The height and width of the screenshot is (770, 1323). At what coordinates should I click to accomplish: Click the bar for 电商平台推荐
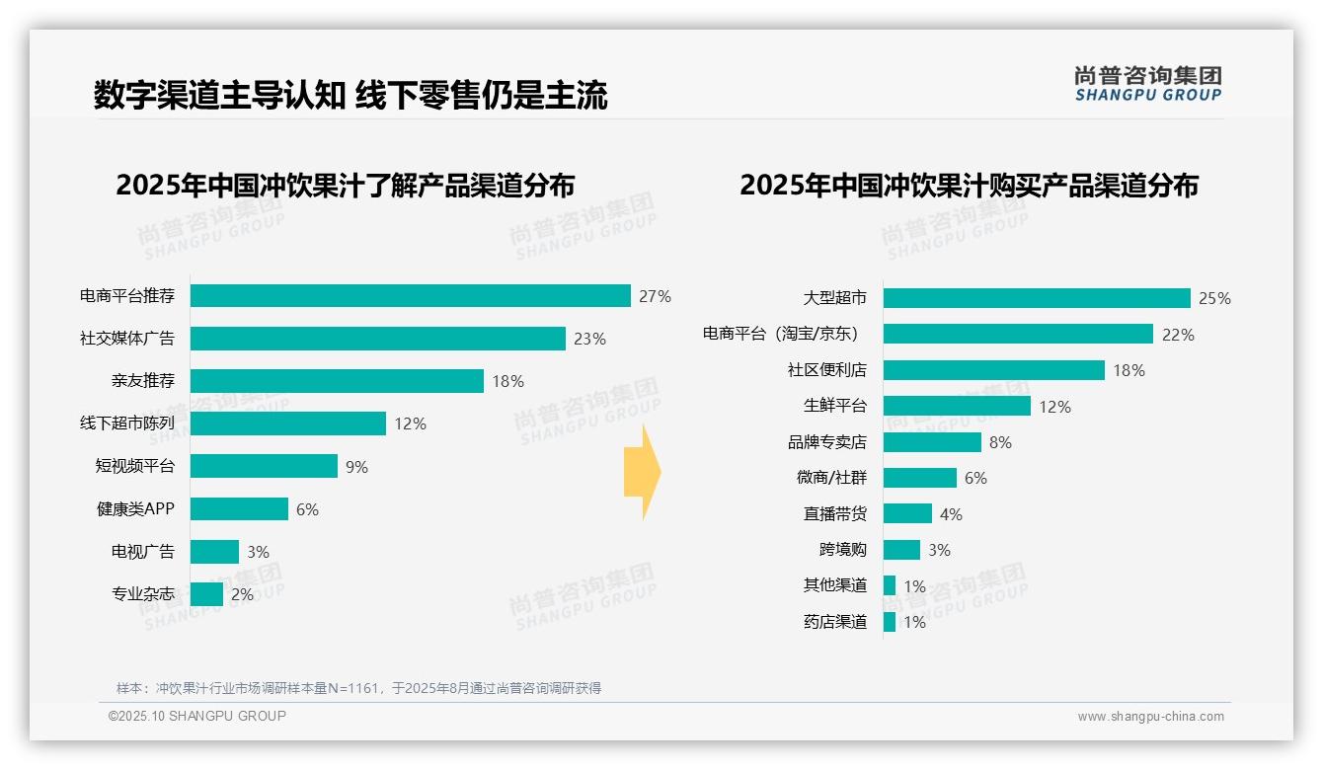pyautogui.click(x=410, y=296)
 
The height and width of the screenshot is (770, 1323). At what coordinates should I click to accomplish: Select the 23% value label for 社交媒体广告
pyautogui.click(x=589, y=339)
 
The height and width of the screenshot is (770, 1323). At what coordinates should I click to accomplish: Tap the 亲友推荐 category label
pyautogui.click(x=143, y=381)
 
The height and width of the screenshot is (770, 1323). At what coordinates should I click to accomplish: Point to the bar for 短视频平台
pyautogui.click(x=264, y=466)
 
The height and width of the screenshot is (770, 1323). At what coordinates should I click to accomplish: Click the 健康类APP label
pyautogui.click(x=135, y=509)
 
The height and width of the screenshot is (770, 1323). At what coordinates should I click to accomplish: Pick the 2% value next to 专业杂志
pyautogui.click(x=242, y=594)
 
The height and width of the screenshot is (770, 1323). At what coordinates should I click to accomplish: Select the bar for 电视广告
pyautogui.click(x=214, y=552)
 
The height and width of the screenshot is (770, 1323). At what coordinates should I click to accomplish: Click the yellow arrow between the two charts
pyautogui.click(x=642, y=473)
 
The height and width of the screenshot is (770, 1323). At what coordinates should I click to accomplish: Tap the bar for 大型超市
pyautogui.click(x=1037, y=298)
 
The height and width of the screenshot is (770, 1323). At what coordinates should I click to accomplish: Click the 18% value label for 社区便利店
pyautogui.click(x=1128, y=370)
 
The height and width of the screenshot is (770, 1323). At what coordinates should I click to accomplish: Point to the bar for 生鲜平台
pyautogui.click(x=957, y=406)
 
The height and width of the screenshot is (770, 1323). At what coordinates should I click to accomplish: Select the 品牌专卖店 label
pyautogui.click(x=827, y=442)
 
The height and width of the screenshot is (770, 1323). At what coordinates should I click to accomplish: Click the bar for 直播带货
pyautogui.click(x=907, y=513)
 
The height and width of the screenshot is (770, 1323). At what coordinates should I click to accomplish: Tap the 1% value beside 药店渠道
pyautogui.click(x=914, y=622)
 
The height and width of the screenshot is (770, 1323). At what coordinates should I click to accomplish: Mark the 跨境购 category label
pyautogui.click(x=842, y=550)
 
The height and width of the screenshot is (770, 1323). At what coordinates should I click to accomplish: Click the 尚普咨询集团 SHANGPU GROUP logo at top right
pyautogui.click(x=1148, y=83)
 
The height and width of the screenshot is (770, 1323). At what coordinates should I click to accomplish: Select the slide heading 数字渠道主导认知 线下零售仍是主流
pyautogui.click(x=350, y=95)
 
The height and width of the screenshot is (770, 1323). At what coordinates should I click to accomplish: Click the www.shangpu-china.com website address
pyautogui.click(x=1150, y=717)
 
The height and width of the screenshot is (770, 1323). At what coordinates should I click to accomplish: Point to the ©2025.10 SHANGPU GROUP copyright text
pyautogui.click(x=197, y=716)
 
